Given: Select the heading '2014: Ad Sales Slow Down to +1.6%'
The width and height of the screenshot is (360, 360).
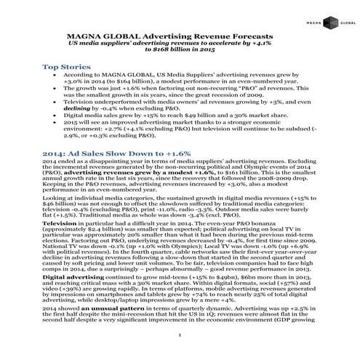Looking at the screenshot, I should [x=116, y=153].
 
